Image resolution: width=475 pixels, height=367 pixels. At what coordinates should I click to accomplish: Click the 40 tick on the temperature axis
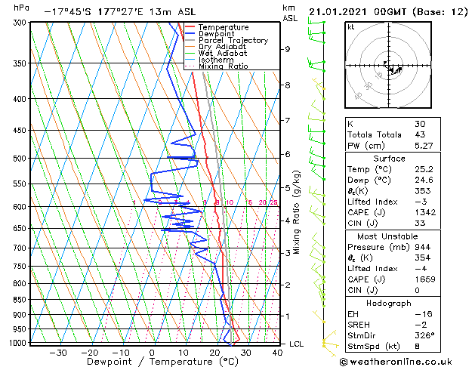pos(277,352)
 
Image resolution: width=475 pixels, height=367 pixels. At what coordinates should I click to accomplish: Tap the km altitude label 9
pos(287,49)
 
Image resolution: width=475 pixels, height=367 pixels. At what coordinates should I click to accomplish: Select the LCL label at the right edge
pos(297,344)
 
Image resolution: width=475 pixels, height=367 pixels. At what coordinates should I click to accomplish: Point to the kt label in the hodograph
pos(351,26)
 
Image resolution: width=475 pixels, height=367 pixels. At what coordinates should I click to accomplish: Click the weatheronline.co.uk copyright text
pos(396,360)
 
